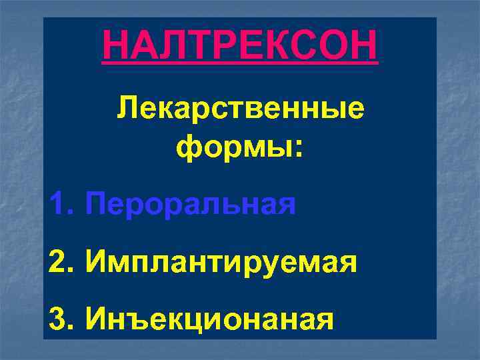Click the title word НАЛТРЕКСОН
(x=240, y=46)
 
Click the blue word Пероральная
(x=191, y=203)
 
